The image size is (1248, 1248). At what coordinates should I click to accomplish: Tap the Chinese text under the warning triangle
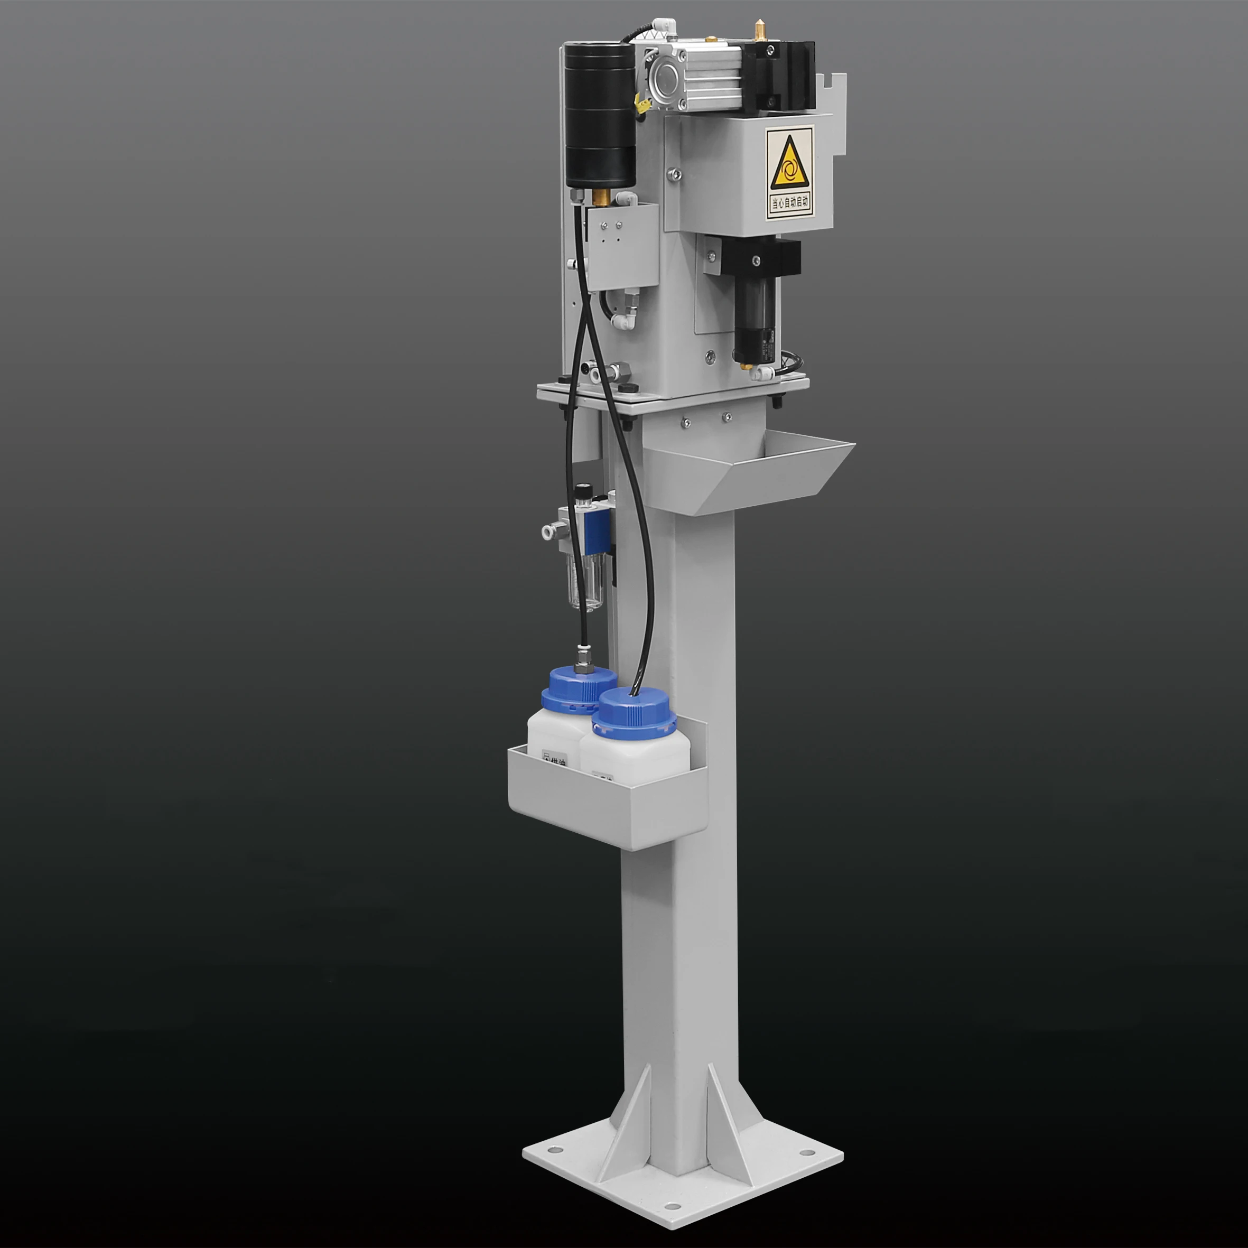789,203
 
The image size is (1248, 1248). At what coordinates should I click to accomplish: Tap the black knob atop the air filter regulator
583,490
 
